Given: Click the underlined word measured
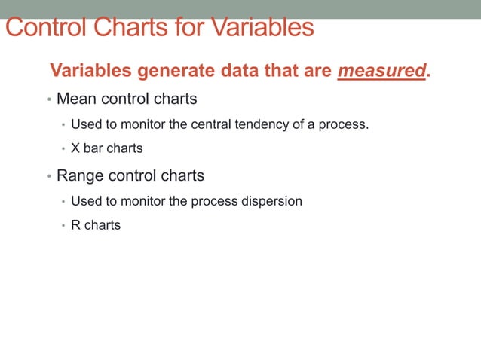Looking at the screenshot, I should pos(381,71).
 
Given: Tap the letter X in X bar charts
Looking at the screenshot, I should pos(75,148).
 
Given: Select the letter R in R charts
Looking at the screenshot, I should pos(75,225).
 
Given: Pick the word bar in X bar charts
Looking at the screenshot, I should pos(93,148).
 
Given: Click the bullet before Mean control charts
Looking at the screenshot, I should pos(49,99).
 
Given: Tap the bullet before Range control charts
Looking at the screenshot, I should pos(49,177).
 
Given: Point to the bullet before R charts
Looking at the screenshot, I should pos(63,226).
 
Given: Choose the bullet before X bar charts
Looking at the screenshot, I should pos(63,149).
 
